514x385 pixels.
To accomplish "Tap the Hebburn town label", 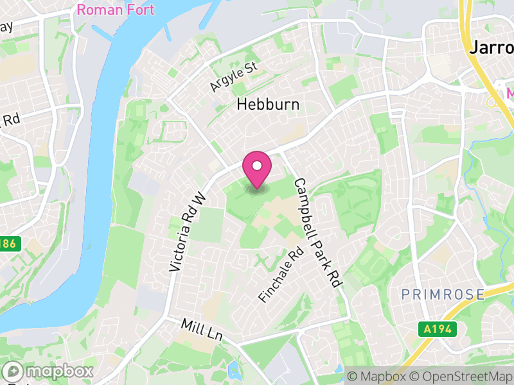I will [268, 105].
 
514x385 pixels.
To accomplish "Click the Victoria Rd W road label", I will [186, 232].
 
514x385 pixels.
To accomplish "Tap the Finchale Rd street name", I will [280, 275].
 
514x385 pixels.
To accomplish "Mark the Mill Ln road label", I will [201, 330].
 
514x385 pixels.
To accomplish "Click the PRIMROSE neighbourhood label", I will [443, 295].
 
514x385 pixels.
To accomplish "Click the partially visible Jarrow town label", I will [492, 48].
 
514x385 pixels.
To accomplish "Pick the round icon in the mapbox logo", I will [13, 372].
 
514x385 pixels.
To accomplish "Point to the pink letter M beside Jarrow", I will [510, 94].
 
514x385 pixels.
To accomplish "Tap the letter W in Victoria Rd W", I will [199, 197].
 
